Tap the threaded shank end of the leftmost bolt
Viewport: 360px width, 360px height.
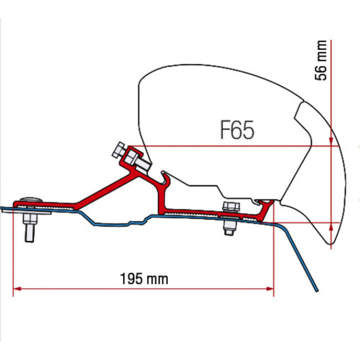[30, 234]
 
